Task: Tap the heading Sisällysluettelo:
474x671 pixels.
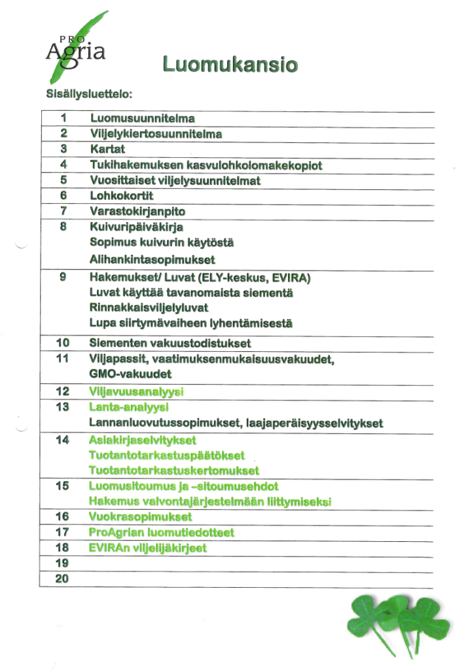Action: coord(89,94)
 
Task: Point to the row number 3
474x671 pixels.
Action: coord(64,149)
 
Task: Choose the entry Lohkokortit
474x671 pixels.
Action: coord(121,196)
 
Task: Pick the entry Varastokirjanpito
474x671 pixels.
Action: coord(137,212)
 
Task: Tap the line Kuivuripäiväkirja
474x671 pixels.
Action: coord(136,227)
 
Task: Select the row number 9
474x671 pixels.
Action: coord(64,276)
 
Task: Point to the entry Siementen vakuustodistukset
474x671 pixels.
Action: coord(170,343)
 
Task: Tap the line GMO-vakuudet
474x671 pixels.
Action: coord(130,374)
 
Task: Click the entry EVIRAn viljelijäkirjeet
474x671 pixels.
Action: coord(148,548)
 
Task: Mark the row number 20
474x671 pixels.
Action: coord(64,579)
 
